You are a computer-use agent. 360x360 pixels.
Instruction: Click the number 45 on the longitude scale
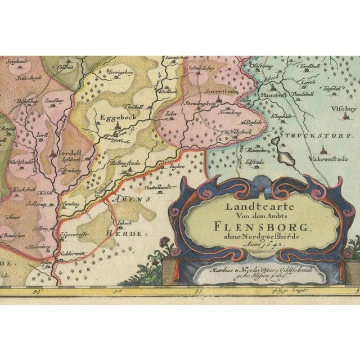click(38, 291)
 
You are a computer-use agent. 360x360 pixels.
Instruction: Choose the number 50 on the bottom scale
click(118, 291)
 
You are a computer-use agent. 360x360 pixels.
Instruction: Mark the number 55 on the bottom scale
click(198, 291)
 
